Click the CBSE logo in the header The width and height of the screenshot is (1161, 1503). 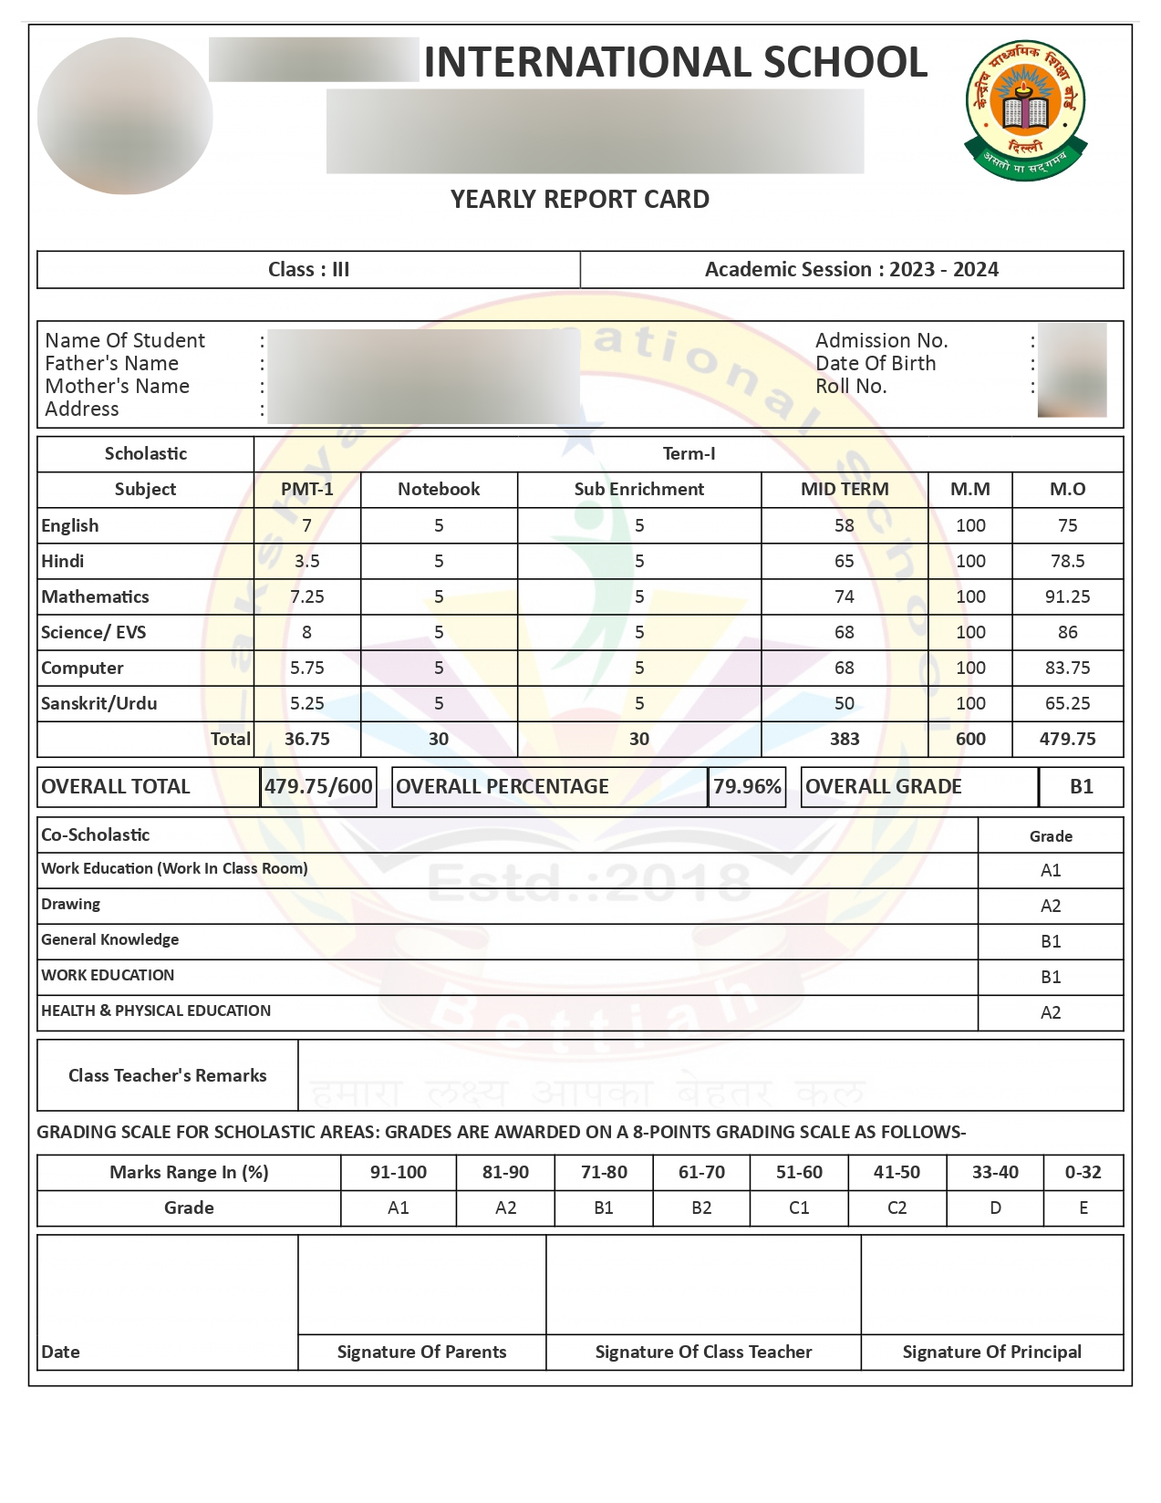tap(1026, 109)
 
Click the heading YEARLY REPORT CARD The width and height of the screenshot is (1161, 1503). tap(580, 199)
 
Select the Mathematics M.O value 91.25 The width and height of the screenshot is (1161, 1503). tap(1067, 596)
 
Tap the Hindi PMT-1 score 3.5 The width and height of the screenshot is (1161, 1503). tap(306, 561)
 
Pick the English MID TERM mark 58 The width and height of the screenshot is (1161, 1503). tap(844, 525)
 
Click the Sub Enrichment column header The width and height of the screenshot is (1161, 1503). tap(638, 489)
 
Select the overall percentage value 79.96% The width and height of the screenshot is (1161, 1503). tap(747, 786)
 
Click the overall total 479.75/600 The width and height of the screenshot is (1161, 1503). tap(318, 786)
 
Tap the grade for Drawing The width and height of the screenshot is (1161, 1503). tap(1051, 906)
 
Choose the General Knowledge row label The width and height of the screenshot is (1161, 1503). tap(110, 939)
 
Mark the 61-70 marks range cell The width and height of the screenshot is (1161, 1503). tap(701, 1172)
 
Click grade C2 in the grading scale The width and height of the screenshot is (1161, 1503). tap(897, 1208)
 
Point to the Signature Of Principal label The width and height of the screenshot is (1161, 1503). tap(991, 1352)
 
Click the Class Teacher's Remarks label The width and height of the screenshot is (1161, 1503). tap(168, 1075)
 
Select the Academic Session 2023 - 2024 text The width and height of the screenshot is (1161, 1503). tap(851, 269)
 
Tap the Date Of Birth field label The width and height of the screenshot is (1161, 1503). tap(876, 363)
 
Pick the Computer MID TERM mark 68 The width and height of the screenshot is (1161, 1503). tap(844, 668)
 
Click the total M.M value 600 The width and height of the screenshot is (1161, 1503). tap(969, 739)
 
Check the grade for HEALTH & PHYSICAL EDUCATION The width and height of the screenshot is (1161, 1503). tap(1051, 1012)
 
